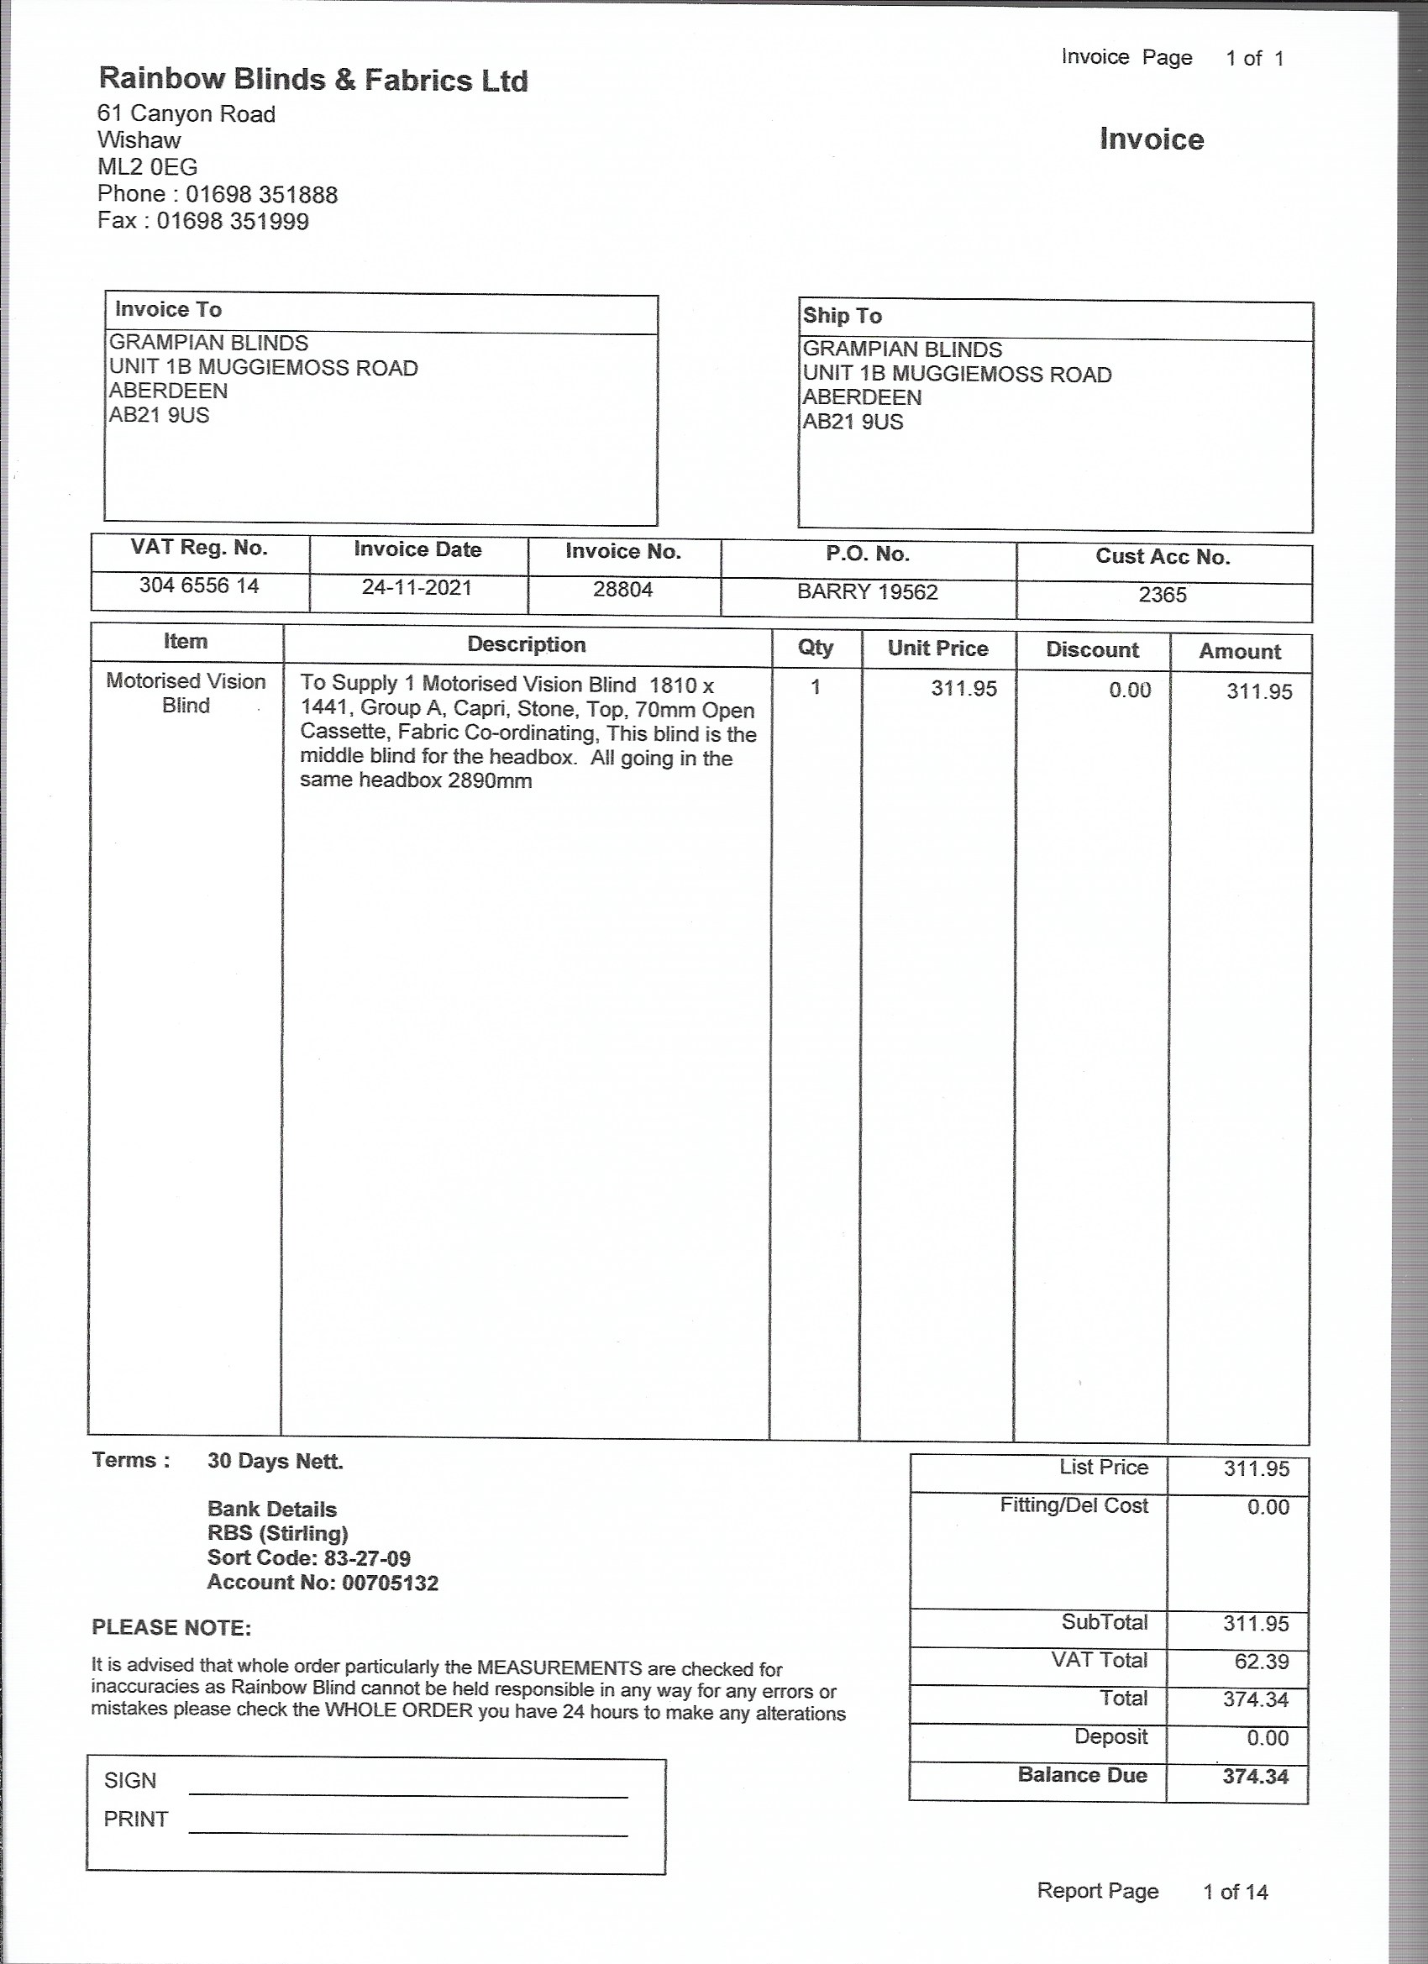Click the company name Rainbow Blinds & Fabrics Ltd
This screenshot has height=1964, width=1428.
[x=312, y=80]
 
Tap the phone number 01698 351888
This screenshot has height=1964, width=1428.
[x=261, y=194]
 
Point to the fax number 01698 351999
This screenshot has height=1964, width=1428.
[x=232, y=221]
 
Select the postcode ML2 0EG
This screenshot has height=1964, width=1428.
[x=147, y=167]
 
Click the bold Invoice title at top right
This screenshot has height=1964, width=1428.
[x=1151, y=139]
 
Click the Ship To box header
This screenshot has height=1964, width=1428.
[x=842, y=316]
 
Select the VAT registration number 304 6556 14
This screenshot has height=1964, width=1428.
[x=199, y=586]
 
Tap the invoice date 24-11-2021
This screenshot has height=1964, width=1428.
[x=417, y=588]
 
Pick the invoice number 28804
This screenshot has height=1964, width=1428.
[x=622, y=590]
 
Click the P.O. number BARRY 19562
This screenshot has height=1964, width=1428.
[x=867, y=592]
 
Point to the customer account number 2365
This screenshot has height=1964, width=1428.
[x=1163, y=595]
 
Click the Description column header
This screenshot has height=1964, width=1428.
[x=527, y=644]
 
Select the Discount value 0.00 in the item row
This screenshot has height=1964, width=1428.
[x=1129, y=691]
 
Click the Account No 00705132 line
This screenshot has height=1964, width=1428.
[x=323, y=1583]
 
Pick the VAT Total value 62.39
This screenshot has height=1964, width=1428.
[x=1261, y=1662]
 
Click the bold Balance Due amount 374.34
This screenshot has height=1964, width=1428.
[x=1255, y=1777]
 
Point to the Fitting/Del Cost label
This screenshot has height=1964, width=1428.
[x=1073, y=1506]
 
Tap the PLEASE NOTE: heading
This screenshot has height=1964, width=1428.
[x=171, y=1628]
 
